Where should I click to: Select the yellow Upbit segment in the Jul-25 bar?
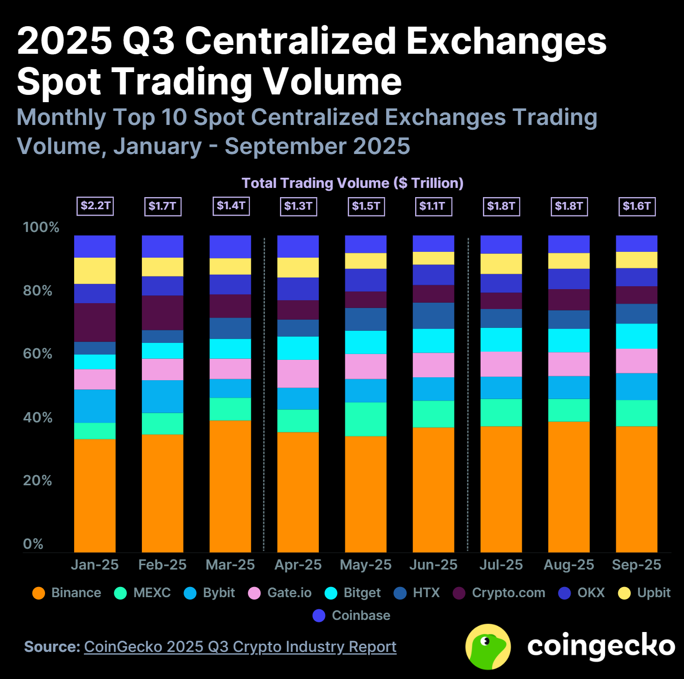coord(501,264)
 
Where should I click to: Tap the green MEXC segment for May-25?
coord(366,419)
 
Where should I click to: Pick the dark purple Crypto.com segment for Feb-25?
coord(162,313)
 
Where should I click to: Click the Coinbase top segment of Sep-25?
coord(637,244)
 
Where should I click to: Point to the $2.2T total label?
coord(95,206)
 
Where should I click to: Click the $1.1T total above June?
coord(433,206)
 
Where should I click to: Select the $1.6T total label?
coord(637,206)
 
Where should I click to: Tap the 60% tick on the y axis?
coord(37,354)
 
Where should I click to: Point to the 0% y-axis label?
coord(33,544)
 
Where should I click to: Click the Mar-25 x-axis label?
coord(230,565)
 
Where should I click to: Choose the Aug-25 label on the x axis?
coord(569,565)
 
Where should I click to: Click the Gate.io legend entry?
coord(280,593)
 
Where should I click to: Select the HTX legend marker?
coord(400,593)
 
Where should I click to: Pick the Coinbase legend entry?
coord(352,616)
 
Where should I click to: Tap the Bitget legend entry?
coord(353,593)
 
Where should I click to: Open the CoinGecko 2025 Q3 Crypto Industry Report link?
coord(240,647)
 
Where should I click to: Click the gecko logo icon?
coord(488,647)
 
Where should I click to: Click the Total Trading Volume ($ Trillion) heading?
coord(352,183)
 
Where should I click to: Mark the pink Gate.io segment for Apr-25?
coord(298,373)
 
